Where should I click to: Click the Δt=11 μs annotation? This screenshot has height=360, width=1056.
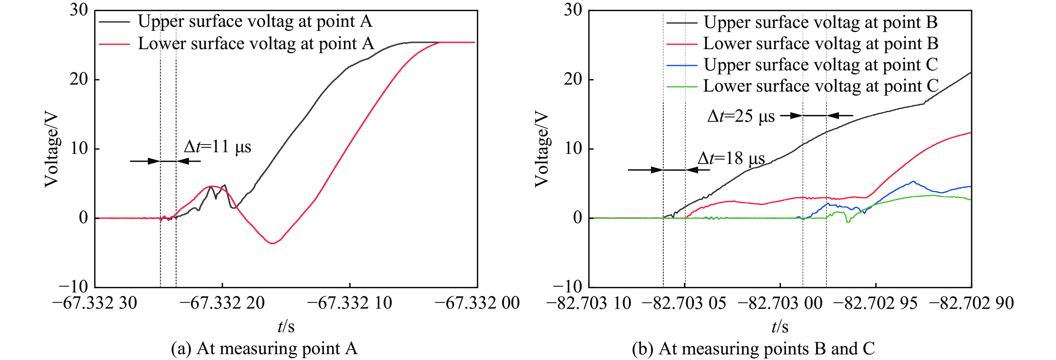(x=217, y=146)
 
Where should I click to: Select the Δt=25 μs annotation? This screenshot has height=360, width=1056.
(x=741, y=116)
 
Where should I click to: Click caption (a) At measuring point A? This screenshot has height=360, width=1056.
(x=264, y=349)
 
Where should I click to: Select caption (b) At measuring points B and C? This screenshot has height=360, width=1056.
(x=753, y=349)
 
